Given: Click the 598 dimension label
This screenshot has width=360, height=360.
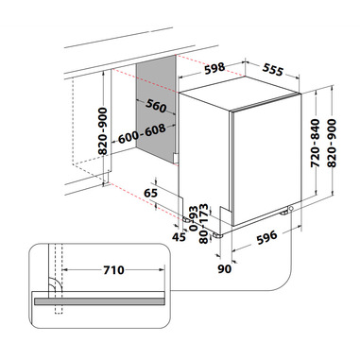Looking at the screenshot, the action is coord(214,68).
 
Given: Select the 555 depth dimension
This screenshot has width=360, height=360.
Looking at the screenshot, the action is coord(273,69).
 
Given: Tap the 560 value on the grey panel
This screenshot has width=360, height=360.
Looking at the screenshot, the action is coord(156,106).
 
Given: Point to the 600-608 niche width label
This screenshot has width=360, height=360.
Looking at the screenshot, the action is coord(142,133).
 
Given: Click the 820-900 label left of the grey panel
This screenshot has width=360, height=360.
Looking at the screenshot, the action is coord(103,131).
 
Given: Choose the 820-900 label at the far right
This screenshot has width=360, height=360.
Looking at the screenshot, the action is coord(332,144).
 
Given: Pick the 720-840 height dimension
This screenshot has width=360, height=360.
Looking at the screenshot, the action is coord(315,144).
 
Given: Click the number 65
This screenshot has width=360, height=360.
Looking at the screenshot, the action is coord(150,193).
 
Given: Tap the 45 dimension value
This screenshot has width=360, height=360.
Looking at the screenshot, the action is coord(179,236).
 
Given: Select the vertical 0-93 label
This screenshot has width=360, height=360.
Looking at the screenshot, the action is coord(194,218).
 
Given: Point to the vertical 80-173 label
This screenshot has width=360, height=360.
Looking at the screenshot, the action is coord(204,224).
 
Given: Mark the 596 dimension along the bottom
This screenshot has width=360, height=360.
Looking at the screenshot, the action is coord(266,238).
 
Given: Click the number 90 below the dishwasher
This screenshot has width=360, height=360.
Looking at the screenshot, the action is coord(225,268).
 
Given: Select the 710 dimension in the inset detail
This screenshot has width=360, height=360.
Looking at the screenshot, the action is coord(113,270).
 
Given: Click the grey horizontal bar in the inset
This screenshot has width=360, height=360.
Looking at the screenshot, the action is coord(99,301).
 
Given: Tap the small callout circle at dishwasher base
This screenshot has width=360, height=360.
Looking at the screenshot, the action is coord(290,208).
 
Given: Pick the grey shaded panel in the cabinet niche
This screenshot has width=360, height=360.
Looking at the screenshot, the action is coord(156,109).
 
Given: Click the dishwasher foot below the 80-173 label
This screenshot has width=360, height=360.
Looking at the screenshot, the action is coord(217,235).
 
